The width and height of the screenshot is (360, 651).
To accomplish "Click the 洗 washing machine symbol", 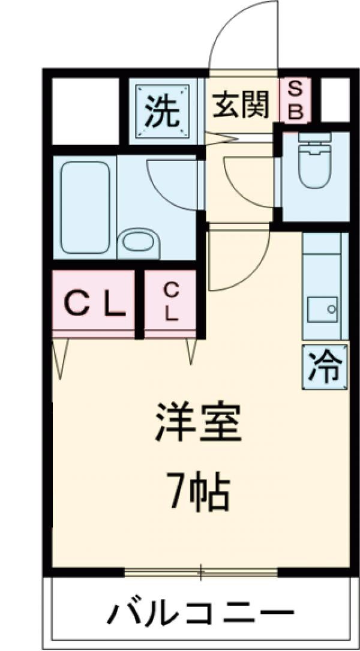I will click(x=163, y=112).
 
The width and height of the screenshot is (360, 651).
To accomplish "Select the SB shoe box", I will click(x=296, y=101).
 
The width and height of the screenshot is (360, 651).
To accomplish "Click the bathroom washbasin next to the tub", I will click(x=137, y=243).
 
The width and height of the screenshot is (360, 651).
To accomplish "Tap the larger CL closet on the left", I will click(x=94, y=303).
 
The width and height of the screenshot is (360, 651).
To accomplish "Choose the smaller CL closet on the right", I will click(x=172, y=303).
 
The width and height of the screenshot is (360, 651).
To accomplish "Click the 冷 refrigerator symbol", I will click(x=325, y=365).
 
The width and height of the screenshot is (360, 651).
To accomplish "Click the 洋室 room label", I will click(x=199, y=424).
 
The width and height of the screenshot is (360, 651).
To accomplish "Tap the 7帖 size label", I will click(x=199, y=493).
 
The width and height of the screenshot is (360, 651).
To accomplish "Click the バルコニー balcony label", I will click(x=200, y=613).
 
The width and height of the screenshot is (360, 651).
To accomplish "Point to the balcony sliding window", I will click(x=201, y=571).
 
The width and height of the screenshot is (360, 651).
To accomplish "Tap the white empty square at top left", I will click(x=85, y=111).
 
